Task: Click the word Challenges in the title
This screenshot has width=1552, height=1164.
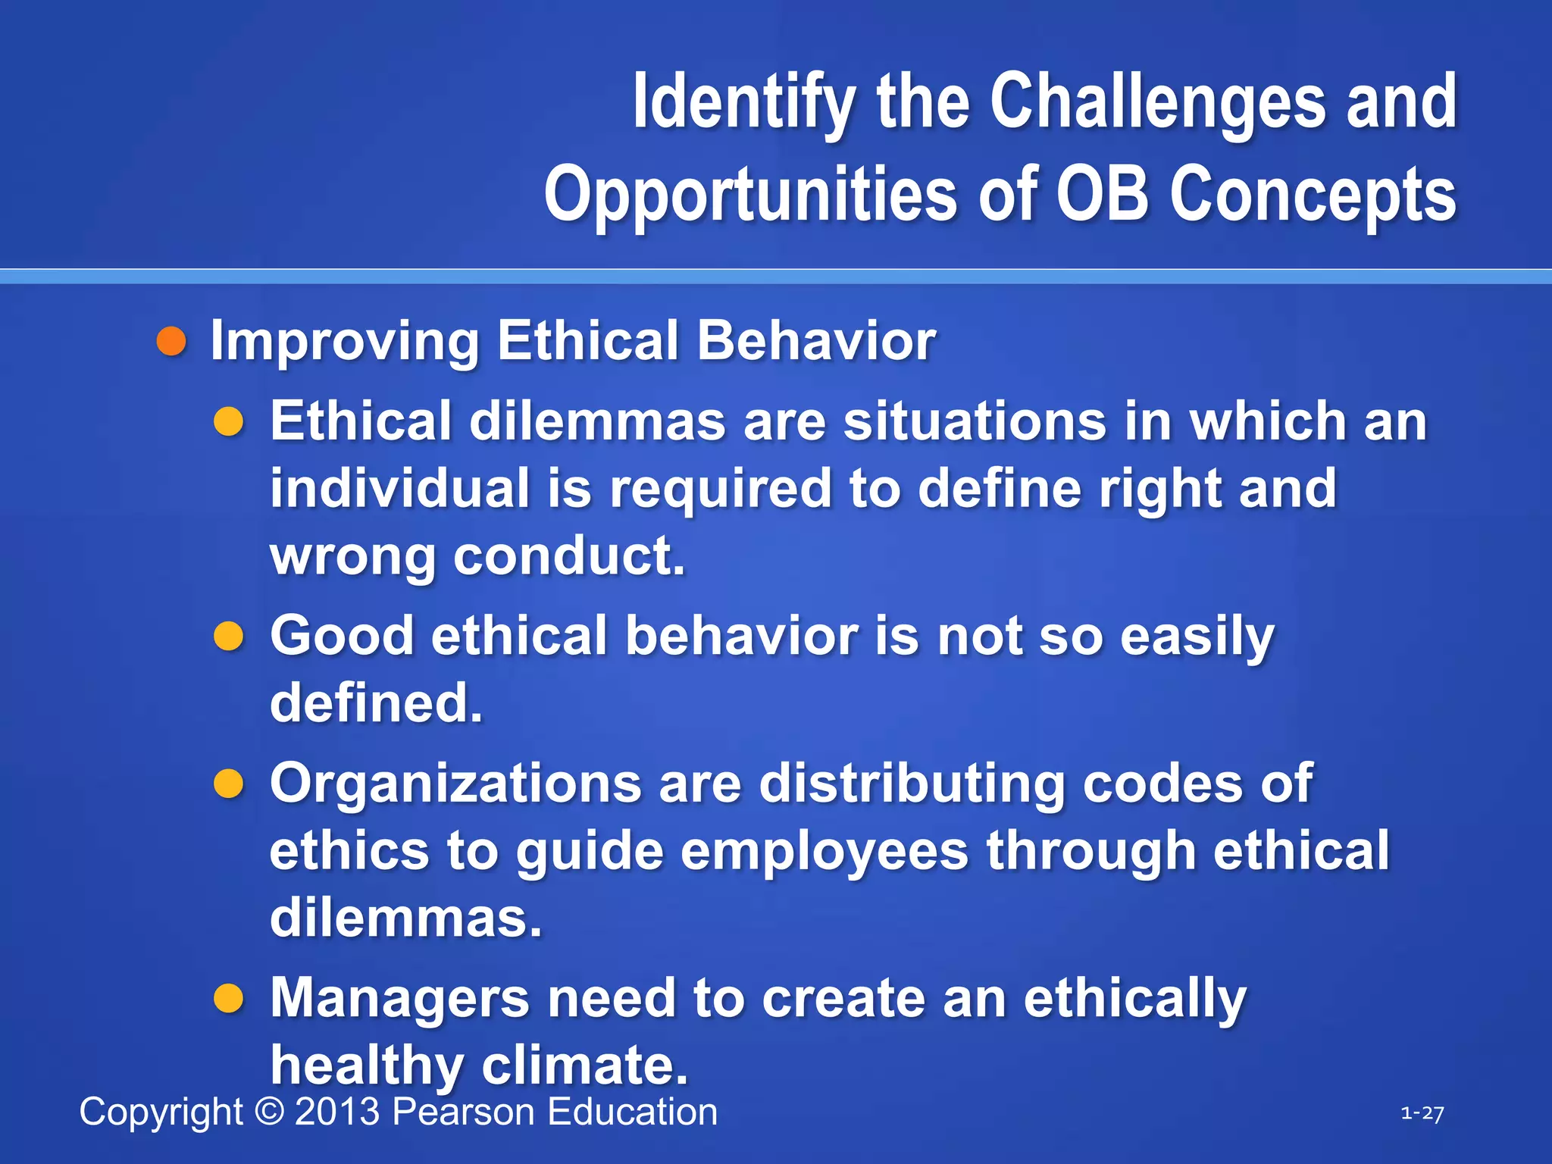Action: pos(1157,102)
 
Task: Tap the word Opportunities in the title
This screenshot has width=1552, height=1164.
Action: pos(750,196)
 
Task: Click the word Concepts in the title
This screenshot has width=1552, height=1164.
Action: pos(1313,196)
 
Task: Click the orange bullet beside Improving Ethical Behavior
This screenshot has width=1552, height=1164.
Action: pos(171,342)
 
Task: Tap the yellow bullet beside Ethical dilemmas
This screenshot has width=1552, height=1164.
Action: pos(228,422)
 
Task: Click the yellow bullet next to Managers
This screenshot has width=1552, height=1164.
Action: pos(228,999)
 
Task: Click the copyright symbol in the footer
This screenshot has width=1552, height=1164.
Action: pos(269,1112)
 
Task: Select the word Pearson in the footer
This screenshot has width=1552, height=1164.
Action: pos(464,1112)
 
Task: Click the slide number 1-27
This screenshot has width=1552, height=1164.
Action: pos(1422,1113)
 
